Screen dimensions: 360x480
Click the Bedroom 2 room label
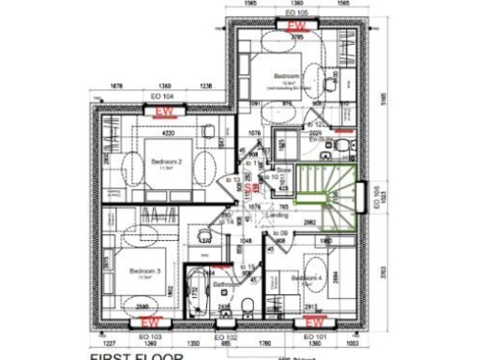(165, 161)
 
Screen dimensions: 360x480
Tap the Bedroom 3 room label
(145, 272)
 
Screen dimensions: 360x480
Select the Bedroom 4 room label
(307, 278)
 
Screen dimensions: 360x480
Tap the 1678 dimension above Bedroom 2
(117, 85)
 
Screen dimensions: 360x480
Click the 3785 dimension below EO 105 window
(297, 37)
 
